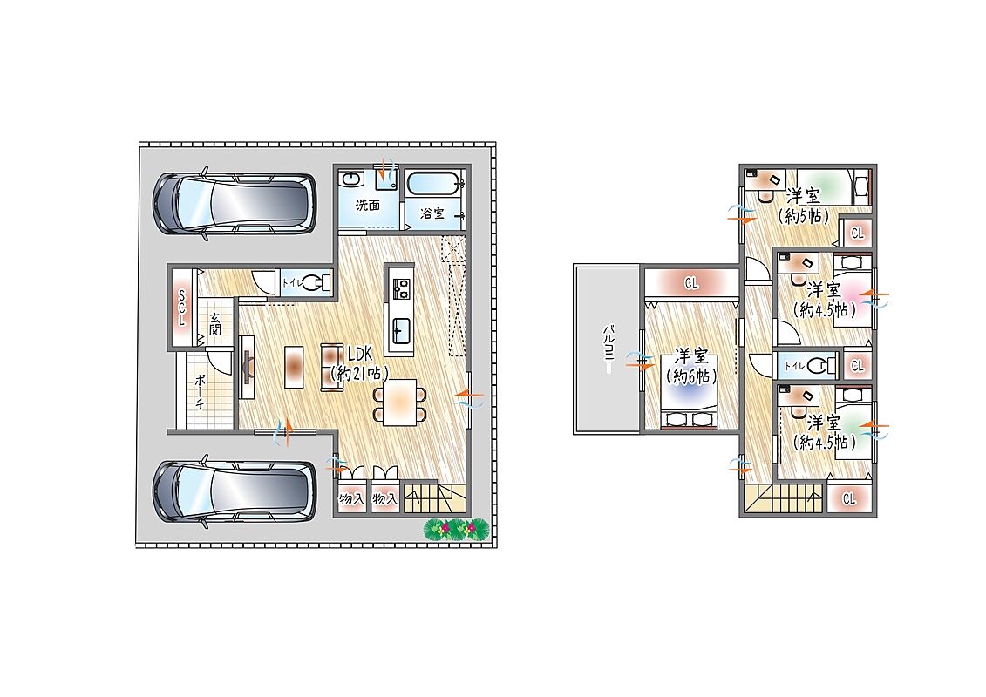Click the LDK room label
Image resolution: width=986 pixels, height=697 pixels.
[361, 353]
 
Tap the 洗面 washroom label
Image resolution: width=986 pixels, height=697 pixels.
[368, 205]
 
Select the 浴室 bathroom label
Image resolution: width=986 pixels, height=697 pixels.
[432, 213]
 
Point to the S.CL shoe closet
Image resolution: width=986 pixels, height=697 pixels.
[181, 308]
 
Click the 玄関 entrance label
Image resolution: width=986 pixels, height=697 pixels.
[215, 322]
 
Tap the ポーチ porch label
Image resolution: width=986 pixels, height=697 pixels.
[200, 393]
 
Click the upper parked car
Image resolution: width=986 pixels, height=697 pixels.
[235, 204]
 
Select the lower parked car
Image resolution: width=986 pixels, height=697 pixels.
[235, 493]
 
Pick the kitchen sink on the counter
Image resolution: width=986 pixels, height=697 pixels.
[401, 329]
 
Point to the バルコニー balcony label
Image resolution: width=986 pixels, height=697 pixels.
[608, 348]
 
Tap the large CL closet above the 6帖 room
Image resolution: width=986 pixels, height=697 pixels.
[691, 282]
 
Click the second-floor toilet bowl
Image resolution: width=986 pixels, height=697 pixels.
[820, 364]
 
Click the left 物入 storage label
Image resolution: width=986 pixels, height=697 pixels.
[351, 499]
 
